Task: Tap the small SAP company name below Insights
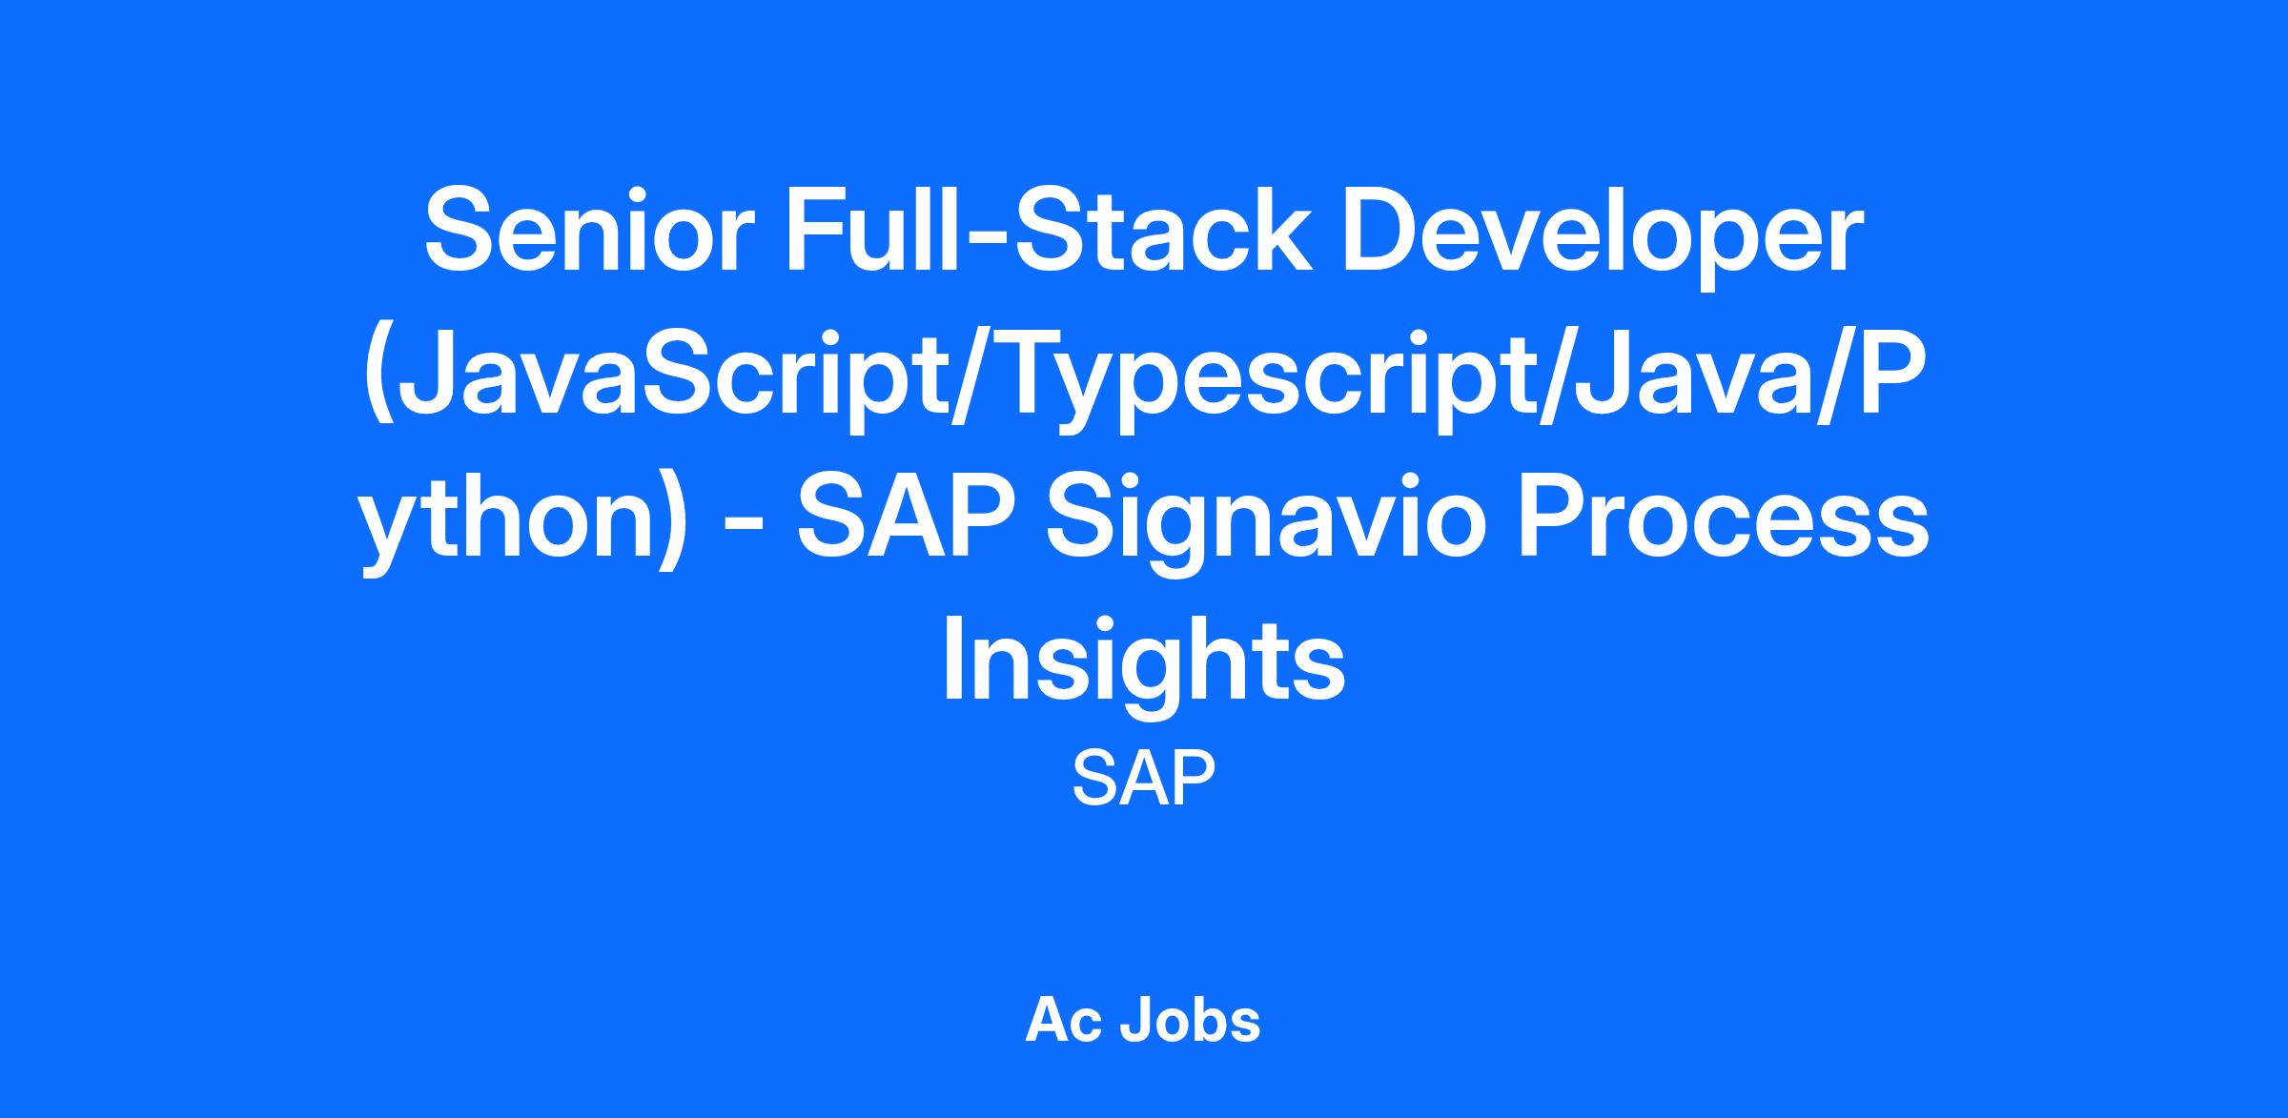(1144, 778)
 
